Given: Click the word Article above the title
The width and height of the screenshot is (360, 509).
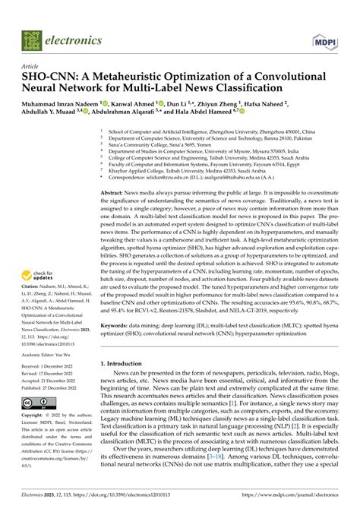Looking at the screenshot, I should pyautogui.click(x=33, y=67).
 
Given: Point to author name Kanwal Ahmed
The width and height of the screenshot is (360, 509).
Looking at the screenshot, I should pyautogui.click(x=134, y=104).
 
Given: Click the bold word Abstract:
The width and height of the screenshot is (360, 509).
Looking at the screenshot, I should pyautogui.click(x=115, y=194).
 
